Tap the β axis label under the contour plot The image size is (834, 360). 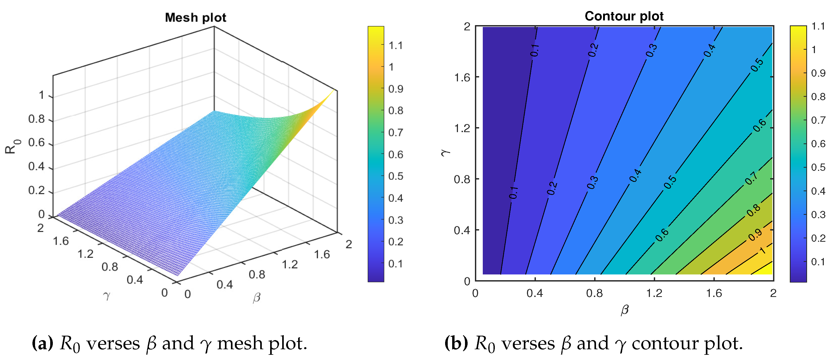pos(624,310)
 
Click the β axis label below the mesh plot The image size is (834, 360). pos(256,297)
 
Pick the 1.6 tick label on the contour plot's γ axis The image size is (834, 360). pos(462,77)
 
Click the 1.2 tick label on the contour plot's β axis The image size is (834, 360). pos(654,293)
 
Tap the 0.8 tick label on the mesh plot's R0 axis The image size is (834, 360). pos(36,119)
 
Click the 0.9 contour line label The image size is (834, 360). pos(755,235)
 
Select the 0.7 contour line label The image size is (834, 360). pos(751,178)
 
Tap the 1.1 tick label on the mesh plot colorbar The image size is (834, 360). pos(396,45)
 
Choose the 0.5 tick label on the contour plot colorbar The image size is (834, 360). pos(818,167)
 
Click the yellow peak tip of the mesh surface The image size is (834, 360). pos(333,90)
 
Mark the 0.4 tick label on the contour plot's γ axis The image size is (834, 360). pos(462,230)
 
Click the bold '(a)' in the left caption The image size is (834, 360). pos(42,343)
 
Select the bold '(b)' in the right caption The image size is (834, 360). pos(456,343)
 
